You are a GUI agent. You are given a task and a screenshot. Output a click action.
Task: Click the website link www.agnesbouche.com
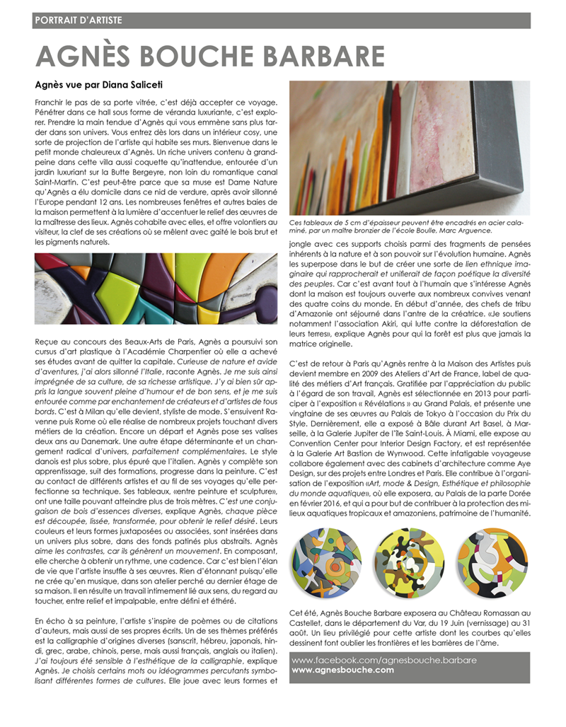(x=342, y=670)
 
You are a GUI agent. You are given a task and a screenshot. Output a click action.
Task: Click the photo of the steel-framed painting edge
(x=410, y=149)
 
